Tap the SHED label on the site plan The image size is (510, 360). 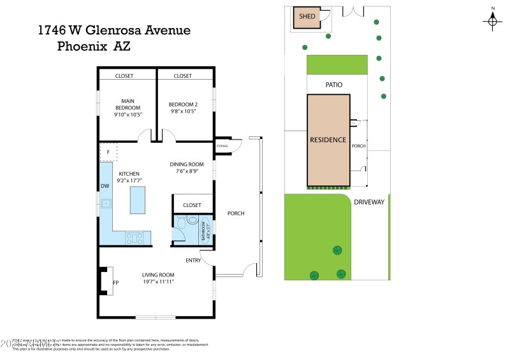(x=307, y=17)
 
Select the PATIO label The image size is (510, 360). (x=334, y=84)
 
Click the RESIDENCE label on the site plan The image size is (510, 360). (x=328, y=140)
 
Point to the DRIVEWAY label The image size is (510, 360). (x=369, y=202)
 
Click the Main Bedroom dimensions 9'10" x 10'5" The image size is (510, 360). (x=127, y=115)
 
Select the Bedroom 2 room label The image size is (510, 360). (x=183, y=104)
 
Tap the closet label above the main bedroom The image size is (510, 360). (x=124, y=76)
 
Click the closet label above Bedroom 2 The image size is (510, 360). (x=182, y=76)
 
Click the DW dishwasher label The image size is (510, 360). (x=105, y=187)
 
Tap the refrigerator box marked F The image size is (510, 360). (x=108, y=152)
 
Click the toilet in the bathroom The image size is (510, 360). (x=181, y=224)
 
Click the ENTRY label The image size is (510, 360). (x=193, y=260)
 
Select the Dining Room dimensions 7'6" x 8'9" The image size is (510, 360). (x=187, y=171)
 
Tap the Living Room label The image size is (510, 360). (x=158, y=275)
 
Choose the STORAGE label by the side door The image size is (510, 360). (x=222, y=147)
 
